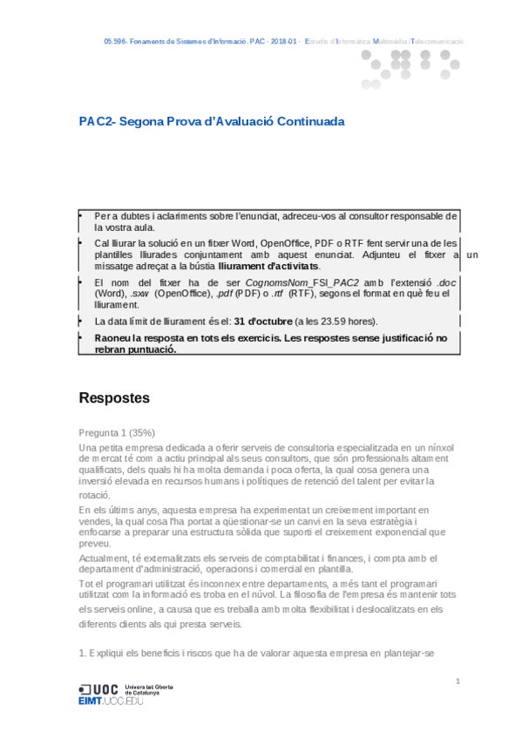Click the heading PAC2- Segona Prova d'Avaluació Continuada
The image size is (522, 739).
(211, 122)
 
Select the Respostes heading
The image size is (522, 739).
(114, 398)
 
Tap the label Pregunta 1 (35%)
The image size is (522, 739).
(117, 432)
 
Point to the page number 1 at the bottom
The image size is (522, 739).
(458, 680)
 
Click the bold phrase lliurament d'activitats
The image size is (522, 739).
(268, 266)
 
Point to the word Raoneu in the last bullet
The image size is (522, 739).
(114, 337)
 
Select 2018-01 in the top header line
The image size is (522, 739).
(281, 42)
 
